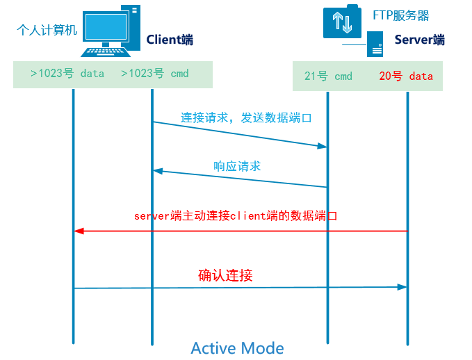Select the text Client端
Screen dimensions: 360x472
tap(170, 40)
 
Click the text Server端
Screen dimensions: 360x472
tap(419, 40)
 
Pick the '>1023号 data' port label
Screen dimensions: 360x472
tap(67, 74)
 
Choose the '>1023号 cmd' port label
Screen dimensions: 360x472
tap(154, 74)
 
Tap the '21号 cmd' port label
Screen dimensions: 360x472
tap(328, 76)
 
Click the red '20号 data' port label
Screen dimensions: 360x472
tap(406, 76)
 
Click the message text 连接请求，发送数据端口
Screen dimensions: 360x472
tap(246, 117)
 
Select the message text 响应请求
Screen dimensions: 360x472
tap(237, 166)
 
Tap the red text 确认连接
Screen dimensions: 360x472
tap(225, 276)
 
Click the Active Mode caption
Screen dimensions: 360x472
tap(237, 347)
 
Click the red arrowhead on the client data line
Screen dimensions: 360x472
tap(79, 231)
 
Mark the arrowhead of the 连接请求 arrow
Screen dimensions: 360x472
tap(322, 147)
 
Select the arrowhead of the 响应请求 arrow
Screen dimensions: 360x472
tap(158, 171)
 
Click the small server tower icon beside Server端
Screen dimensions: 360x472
tap(375, 43)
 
